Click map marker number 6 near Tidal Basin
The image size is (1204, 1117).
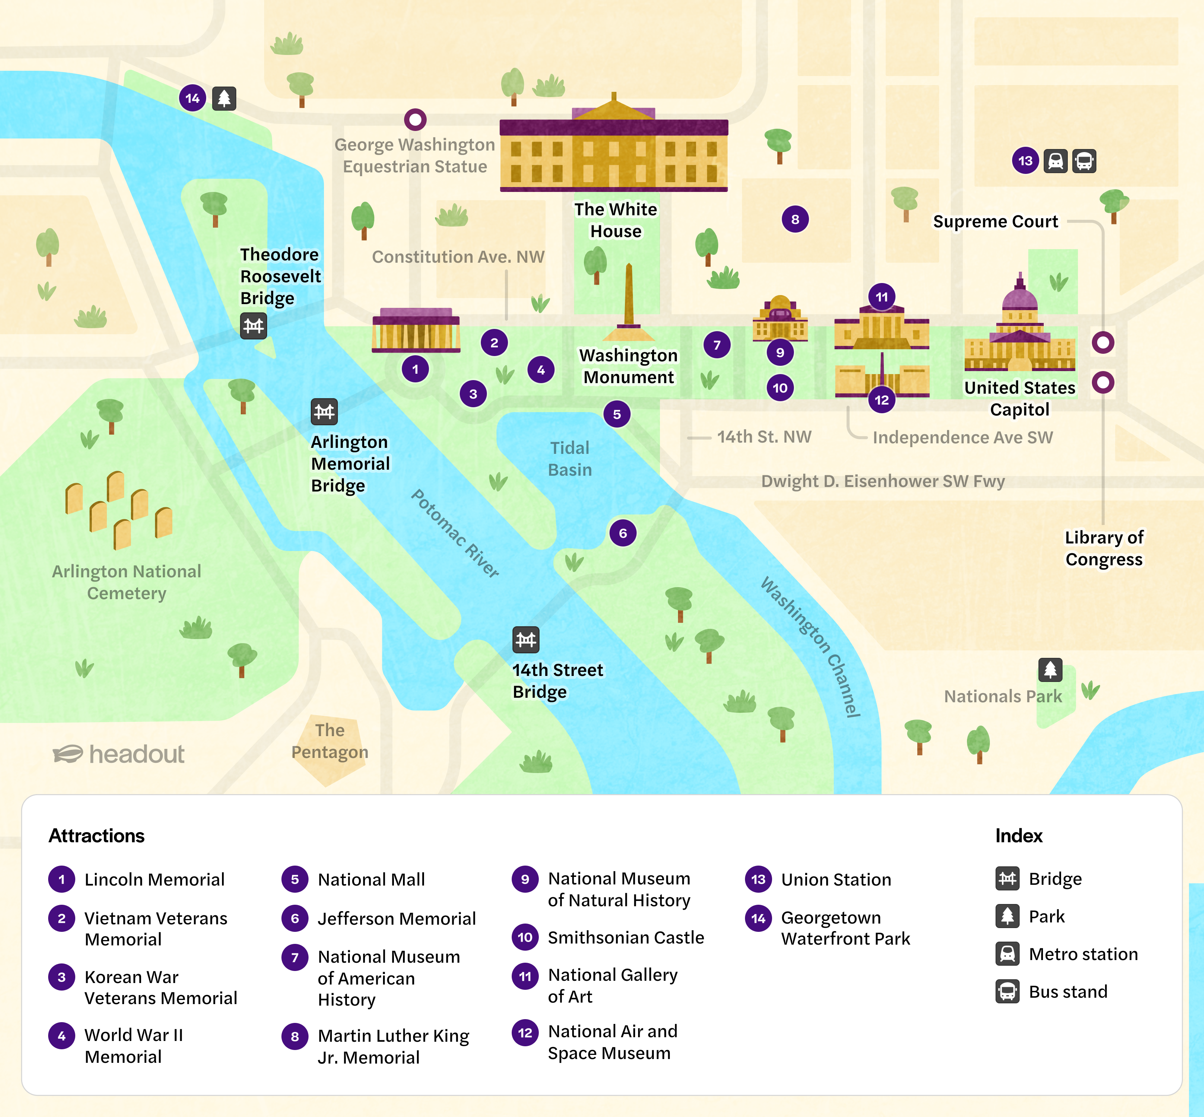[623, 533]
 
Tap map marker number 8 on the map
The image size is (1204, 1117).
[795, 219]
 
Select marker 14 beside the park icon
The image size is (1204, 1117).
[192, 98]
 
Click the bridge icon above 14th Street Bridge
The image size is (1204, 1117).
[525, 639]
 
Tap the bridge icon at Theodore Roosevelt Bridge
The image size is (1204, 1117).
[253, 326]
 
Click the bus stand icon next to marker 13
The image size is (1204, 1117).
[1084, 161]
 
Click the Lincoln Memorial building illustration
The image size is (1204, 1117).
[416, 331]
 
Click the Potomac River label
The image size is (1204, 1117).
[455, 533]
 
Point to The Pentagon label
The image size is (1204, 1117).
[330, 741]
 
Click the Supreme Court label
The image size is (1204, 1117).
[995, 221]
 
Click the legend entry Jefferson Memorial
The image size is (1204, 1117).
[397, 918]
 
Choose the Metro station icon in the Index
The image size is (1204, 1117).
[1007, 954]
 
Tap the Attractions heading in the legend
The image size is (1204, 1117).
[97, 835]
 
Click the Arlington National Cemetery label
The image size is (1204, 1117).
[126, 582]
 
